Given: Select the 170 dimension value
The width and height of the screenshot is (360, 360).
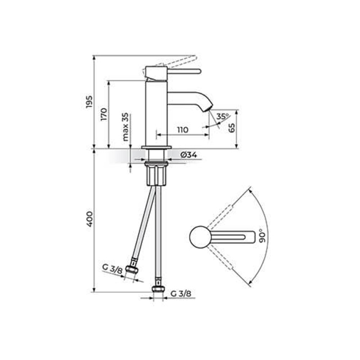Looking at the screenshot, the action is click(x=104, y=114).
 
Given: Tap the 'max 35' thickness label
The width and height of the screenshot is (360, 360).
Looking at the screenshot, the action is click(x=125, y=127).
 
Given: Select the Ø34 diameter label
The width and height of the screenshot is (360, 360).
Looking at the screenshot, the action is click(x=189, y=155).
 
